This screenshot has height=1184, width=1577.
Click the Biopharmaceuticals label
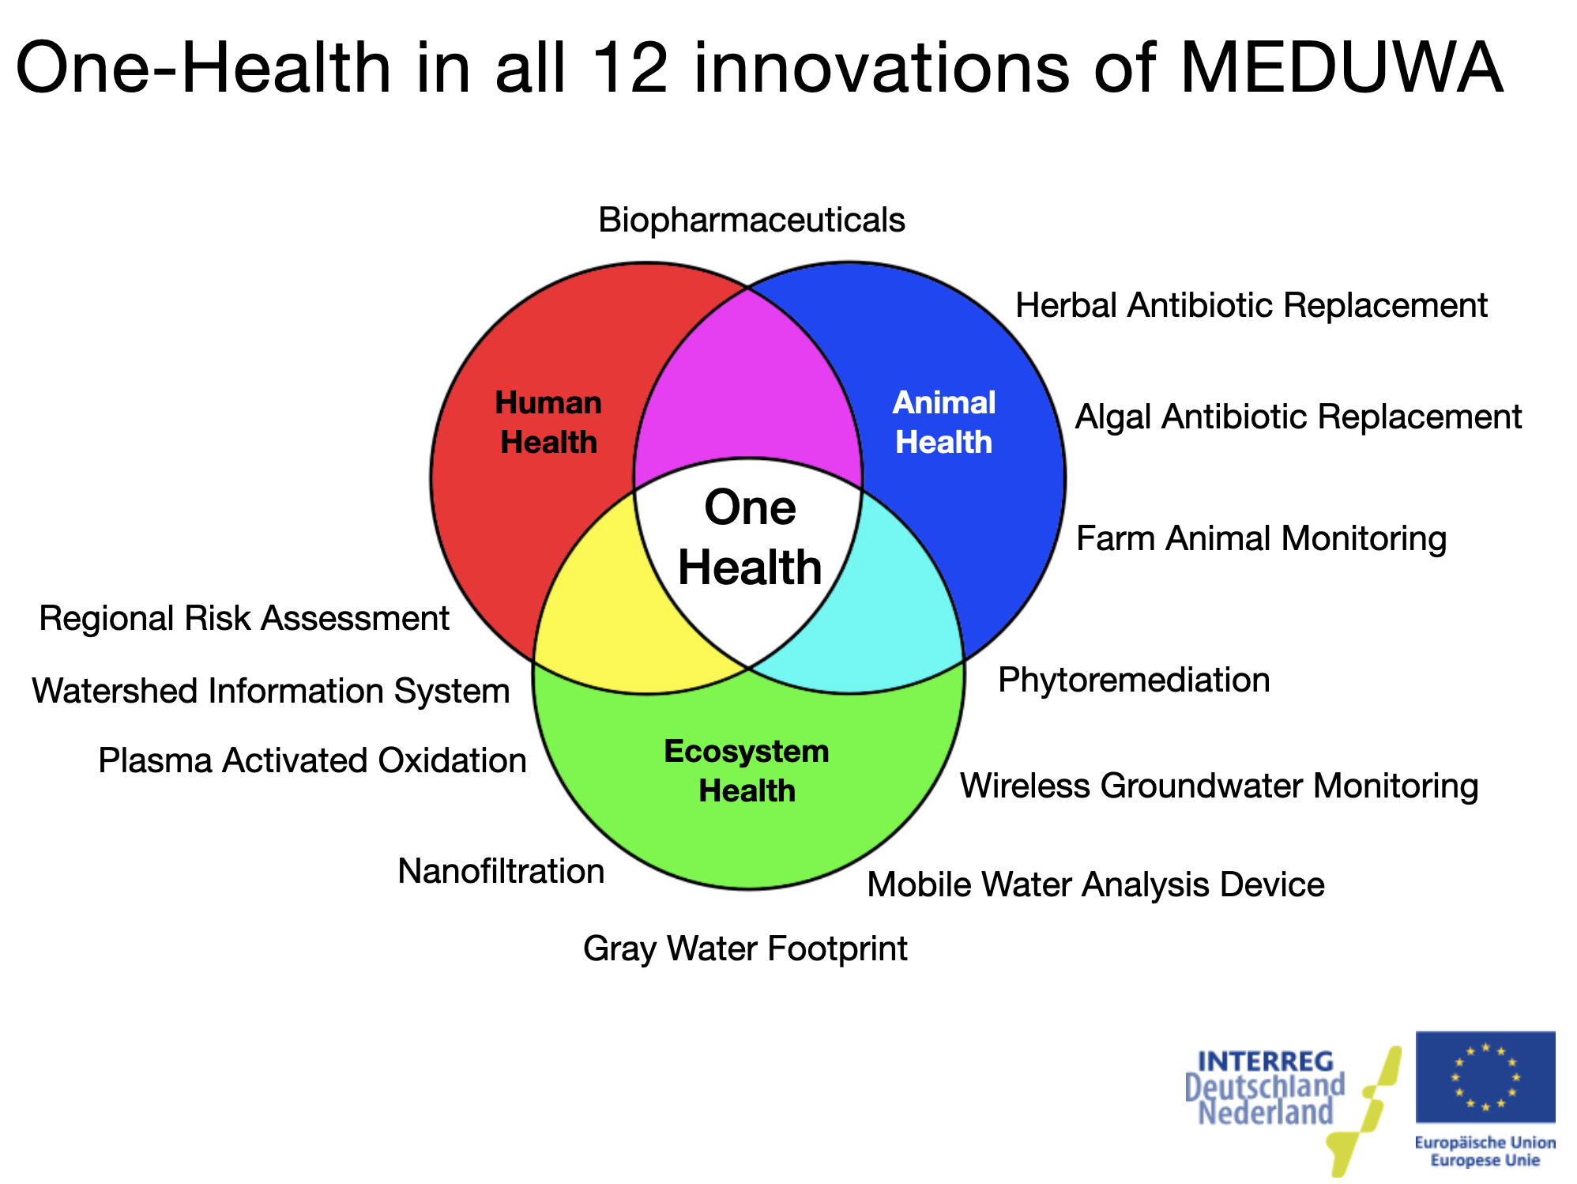pos(751,221)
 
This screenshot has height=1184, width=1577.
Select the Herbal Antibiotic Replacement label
pos(1251,305)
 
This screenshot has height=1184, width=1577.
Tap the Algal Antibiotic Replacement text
pos(1298,417)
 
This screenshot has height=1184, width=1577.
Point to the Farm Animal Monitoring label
pos(1261,538)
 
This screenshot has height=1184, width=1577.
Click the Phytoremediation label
pos(1134,681)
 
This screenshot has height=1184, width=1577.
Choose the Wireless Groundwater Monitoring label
pos(1219,786)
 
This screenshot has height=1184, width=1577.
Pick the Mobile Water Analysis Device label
pos(1096,884)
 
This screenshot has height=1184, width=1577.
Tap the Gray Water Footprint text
pos(745,948)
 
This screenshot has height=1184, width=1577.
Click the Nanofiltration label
pos(501,871)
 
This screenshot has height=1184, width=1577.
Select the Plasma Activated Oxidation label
pos(312,760)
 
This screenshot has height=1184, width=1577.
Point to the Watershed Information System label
pos(271,691)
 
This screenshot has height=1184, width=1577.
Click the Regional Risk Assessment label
pos(244,618)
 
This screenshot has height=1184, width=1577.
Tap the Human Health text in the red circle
pos(548,422)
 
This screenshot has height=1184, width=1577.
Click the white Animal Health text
pos(943,422)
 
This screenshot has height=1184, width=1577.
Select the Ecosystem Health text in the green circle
pos(747,771)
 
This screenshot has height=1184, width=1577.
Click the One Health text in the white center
pos(750,537)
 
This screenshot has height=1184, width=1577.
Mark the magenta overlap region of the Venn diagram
pos(747,379)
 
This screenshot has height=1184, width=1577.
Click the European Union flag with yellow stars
pos(1485,1077)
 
